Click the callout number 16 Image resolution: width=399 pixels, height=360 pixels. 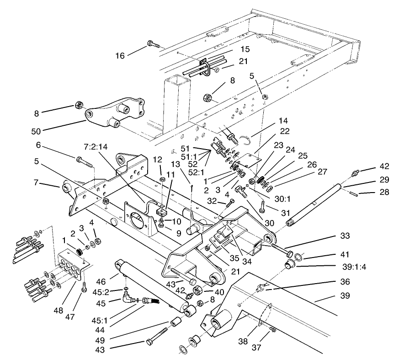(120, 55)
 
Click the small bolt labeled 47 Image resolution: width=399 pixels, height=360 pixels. (84, 289)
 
